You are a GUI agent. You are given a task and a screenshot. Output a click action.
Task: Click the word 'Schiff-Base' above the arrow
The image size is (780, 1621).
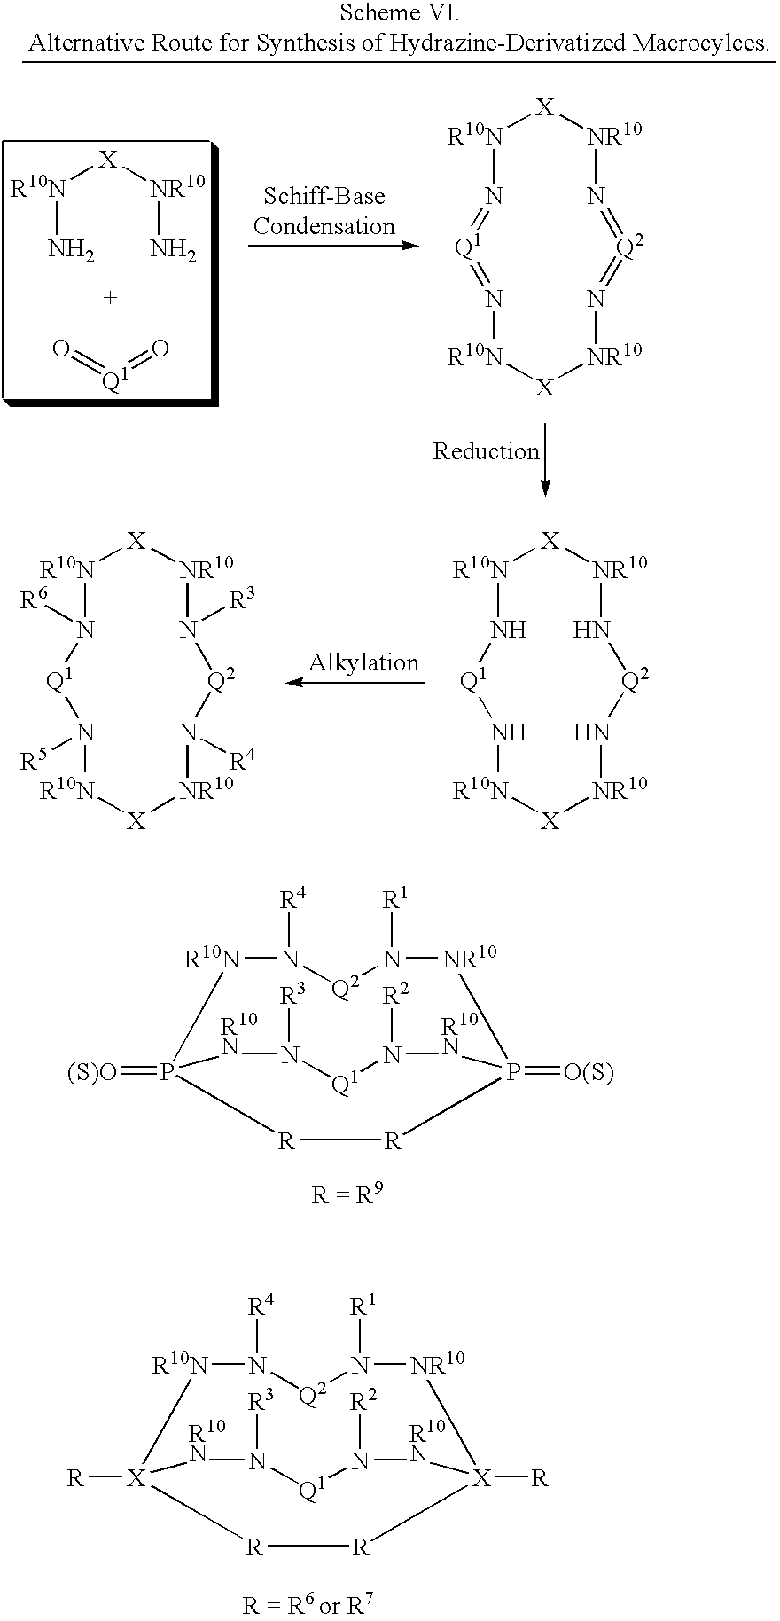(324, 196)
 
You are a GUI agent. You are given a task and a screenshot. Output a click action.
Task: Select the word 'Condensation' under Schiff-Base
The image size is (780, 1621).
(324, 226)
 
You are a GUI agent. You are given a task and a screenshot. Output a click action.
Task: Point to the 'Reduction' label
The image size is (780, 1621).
(487, 451)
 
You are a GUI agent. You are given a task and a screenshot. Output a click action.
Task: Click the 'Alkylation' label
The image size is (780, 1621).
(364, 662)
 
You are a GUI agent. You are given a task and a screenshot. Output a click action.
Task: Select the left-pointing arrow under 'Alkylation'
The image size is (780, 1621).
(355, 683)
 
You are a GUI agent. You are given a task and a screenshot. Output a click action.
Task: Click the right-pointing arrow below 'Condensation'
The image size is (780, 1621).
(332, 244)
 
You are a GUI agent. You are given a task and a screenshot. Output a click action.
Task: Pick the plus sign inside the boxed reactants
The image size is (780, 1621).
(110, 298)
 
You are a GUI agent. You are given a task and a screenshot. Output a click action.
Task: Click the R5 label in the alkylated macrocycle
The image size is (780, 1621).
(34, 761)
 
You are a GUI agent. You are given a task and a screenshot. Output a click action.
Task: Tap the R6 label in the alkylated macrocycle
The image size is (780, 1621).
(34, 601)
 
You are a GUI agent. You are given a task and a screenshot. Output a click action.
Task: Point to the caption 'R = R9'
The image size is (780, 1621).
(347, 1194)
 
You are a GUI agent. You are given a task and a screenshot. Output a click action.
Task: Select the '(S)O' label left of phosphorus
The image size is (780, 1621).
(92, 1073)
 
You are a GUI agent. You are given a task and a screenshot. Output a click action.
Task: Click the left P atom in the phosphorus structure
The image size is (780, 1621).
(166, 1073)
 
